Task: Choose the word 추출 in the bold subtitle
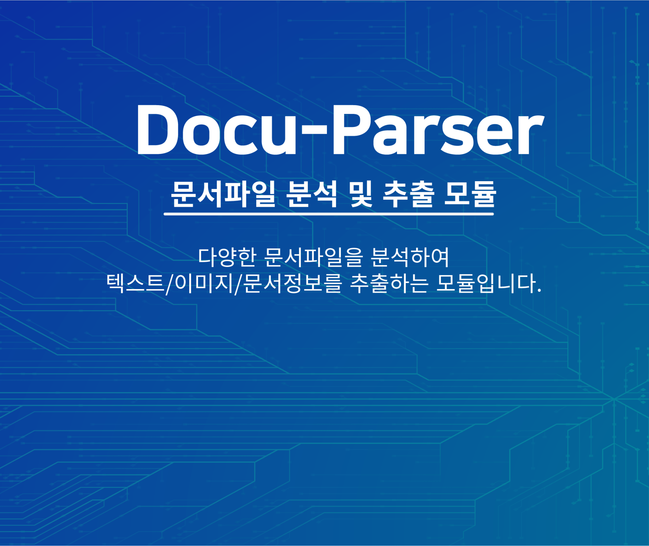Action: coord(409,194)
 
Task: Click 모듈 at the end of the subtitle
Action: coord(470,194)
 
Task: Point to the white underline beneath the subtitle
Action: coord(329,214)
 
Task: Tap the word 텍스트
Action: coord(135,283)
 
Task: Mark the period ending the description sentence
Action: coord(539,291)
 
